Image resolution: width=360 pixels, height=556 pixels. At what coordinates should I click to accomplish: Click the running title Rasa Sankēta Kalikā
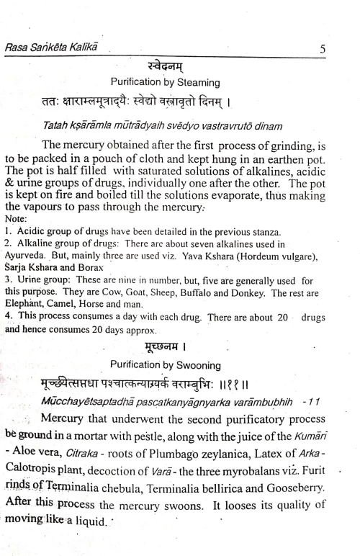point(55,48)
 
